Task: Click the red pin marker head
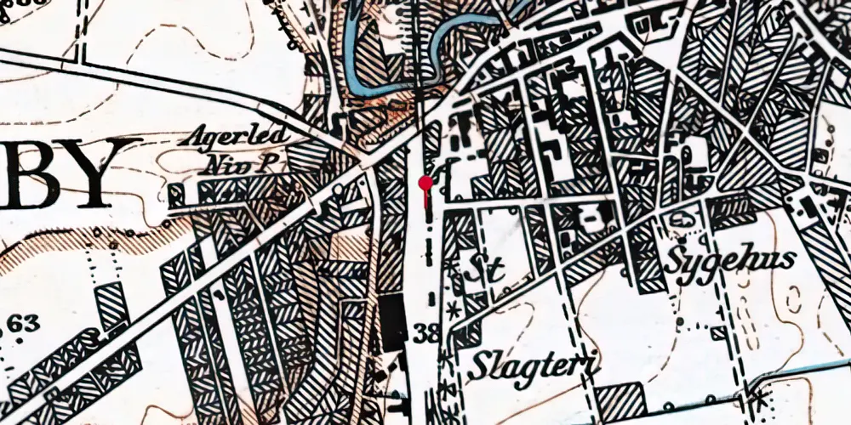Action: tap(425, 182)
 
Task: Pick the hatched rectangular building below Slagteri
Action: tap(620, 399)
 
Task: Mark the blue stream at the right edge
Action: tap(817, 371)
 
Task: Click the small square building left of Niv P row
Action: tap(177, 195)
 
